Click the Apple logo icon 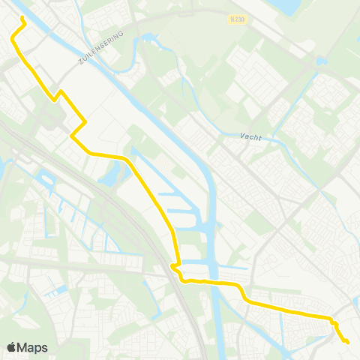11,347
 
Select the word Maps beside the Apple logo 33,348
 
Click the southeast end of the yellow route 348,342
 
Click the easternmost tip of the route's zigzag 85,121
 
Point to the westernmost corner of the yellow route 11,35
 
